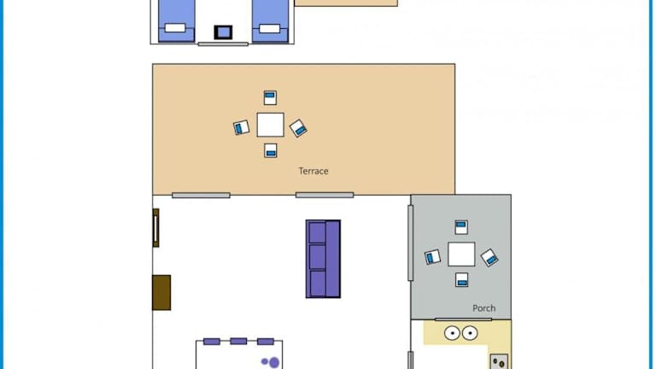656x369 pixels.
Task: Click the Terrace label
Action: point(313,171)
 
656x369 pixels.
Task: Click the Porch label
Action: point(484,308)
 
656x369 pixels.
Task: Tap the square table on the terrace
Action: point(270,125)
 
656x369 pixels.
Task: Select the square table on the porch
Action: point(461,254)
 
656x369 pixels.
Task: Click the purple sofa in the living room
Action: point(323,259)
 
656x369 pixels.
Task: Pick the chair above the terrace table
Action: point(270,98)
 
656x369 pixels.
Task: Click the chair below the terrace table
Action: point(271,150)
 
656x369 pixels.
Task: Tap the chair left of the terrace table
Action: point(242,127)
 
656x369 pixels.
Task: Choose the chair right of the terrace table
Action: point(298,128)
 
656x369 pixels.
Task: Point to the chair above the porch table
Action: point(461,227)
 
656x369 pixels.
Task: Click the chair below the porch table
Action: point(462,280)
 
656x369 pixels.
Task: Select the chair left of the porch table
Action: point(432,257)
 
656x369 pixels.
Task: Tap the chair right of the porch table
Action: point(489,258)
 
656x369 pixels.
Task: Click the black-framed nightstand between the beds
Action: point(224,32)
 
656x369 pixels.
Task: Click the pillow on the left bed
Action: point(175,28)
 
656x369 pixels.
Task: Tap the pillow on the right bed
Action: point(269,28)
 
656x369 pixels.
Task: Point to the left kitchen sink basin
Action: point(452,333)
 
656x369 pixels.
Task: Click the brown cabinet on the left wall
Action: point(161,292)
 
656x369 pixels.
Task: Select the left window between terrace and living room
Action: point(201,196)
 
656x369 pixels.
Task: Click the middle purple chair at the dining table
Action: point(238,342)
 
